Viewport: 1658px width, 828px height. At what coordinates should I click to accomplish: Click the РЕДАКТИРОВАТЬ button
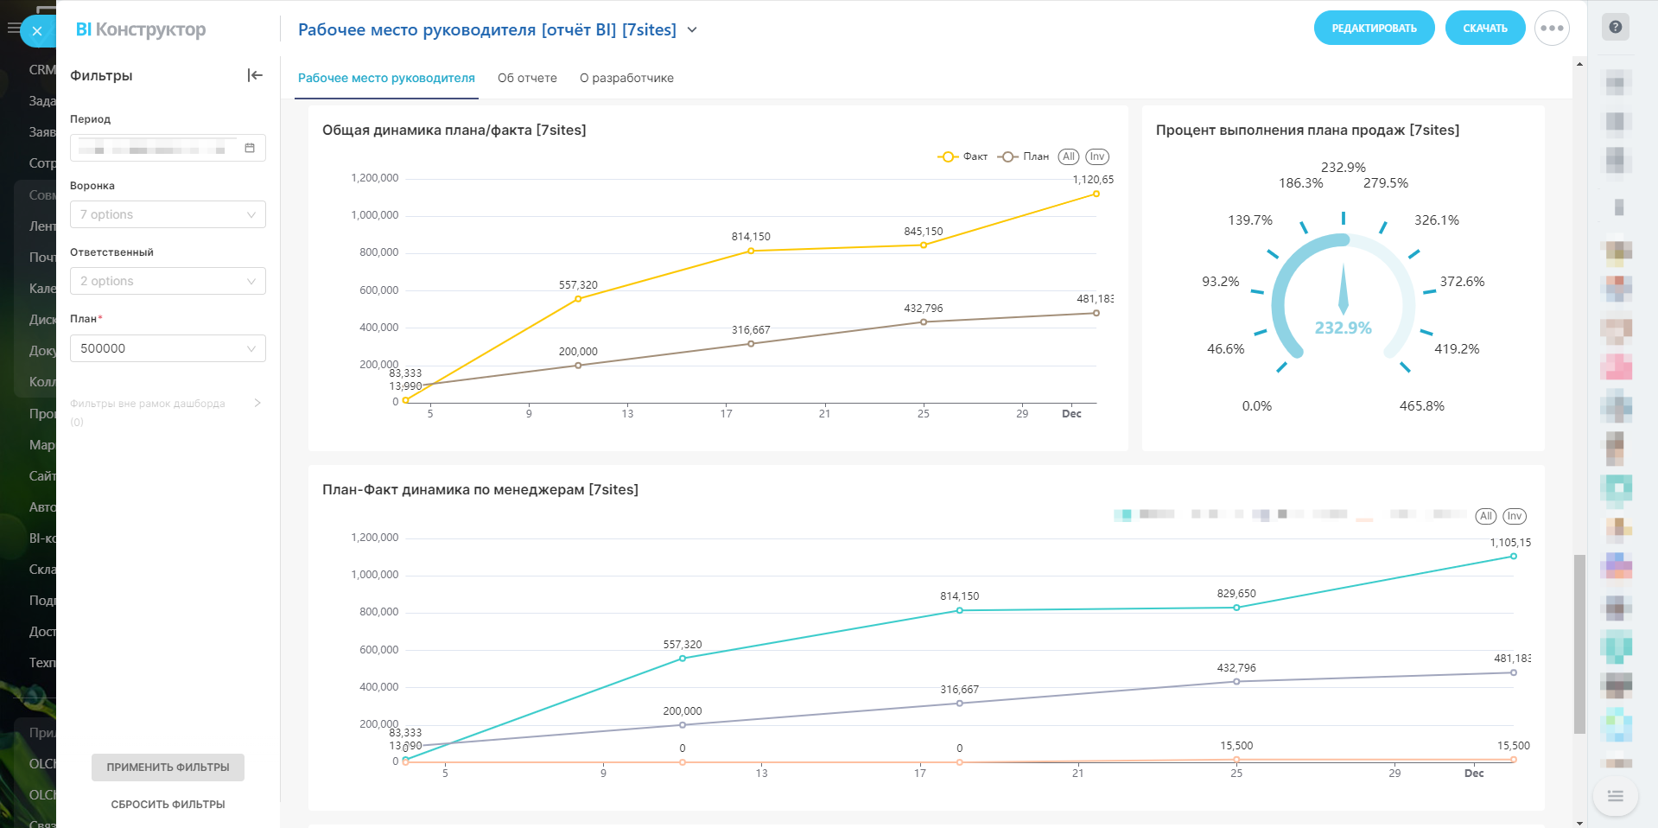click(x=1374, y=29)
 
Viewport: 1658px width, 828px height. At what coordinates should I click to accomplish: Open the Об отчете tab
click(x=527, y=78)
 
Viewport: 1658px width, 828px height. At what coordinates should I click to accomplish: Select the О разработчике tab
click(x=626, y=78)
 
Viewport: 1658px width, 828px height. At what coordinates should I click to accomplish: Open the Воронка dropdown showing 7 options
click(x=168, y=214)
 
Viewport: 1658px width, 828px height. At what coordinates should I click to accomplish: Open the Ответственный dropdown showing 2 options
click(x=168, y=281)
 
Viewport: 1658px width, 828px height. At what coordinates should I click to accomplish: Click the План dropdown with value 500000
click(x=168, y=348)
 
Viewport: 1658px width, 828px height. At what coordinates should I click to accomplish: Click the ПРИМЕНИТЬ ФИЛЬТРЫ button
click(x=168, y=767)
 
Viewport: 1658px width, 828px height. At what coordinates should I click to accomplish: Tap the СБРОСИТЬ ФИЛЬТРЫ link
click(x=168, y=805)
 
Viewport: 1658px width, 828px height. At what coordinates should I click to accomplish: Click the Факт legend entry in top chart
click(x=962, y=156)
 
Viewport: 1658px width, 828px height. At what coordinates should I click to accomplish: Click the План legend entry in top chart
click(x=1023, y=156)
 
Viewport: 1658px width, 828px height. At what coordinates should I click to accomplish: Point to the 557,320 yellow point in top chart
click(x=578, y=299)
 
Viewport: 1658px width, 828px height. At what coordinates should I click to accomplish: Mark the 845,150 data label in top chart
click(x=924, y=232)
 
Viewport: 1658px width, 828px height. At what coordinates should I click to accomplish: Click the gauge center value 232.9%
click(x=1343, y=328)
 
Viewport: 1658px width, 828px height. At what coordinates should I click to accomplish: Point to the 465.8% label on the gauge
click(x=1421, y=406)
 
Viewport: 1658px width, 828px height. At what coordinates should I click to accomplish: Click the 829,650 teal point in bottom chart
click(x=1236, y=608)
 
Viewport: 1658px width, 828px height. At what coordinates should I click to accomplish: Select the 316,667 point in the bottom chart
click(x=960, y=704)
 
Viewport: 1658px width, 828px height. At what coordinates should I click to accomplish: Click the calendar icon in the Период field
click(x=250, y=148)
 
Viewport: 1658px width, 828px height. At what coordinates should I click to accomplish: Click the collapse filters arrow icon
click(x=255, y=75)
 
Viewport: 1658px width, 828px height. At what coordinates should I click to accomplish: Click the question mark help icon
click(x=1615, y=27)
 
